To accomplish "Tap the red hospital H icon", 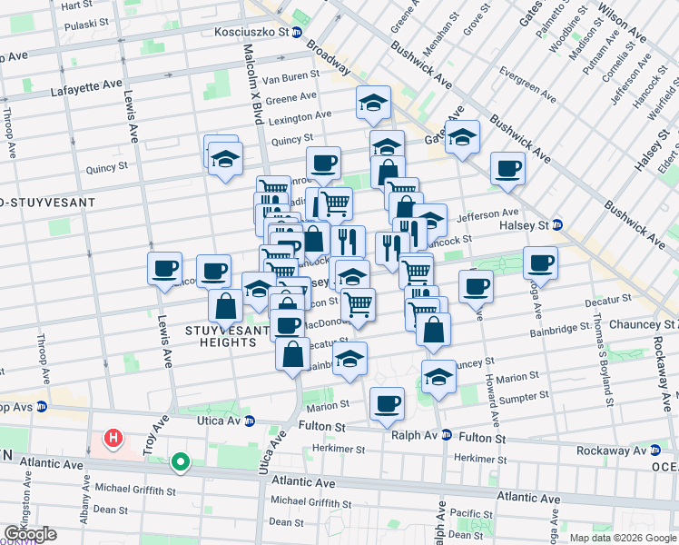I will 113,440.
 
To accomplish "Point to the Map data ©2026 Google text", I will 622,537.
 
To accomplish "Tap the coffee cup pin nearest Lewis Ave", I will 165,269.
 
